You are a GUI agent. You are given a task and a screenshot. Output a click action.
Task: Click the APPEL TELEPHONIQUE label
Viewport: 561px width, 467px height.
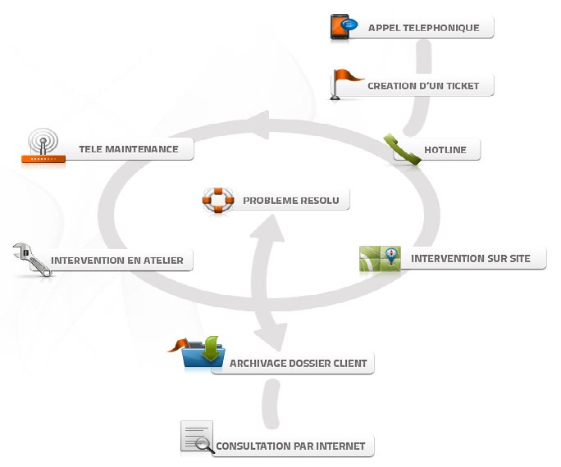423,28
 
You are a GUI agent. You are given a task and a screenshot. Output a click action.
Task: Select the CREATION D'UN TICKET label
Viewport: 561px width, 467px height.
423,86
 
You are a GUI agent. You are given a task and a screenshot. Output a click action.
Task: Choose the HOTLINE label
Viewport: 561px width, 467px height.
445,150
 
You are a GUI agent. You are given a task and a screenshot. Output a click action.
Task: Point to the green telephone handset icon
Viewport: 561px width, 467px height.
402,149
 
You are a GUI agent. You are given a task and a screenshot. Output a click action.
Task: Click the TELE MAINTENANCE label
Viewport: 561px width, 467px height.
128,149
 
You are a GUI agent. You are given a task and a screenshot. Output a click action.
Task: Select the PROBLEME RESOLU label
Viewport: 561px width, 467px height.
290,200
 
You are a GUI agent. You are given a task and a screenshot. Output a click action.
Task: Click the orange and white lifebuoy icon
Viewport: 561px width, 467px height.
218,200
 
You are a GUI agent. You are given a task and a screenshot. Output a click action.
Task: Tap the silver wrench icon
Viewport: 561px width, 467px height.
32,259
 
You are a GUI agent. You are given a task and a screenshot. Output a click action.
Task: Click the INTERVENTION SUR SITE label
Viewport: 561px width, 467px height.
471,259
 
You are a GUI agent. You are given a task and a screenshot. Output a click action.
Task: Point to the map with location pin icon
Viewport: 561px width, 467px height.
380,259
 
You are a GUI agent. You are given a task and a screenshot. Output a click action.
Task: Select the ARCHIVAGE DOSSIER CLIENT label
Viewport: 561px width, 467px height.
298,364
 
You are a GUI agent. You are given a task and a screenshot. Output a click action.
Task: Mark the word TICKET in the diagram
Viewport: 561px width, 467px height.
462,86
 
